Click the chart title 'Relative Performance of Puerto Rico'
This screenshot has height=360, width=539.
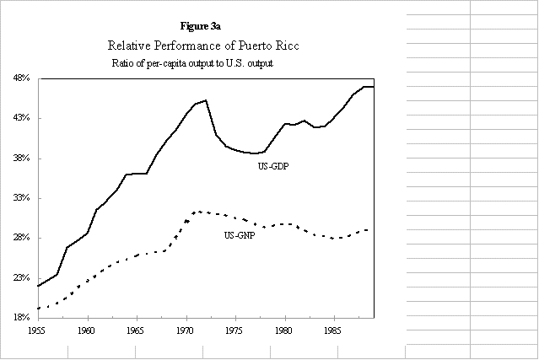pos(204,46)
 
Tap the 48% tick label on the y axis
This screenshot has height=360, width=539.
pos(21,78)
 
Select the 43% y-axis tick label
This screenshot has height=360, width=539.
pos(21,118)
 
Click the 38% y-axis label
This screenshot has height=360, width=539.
pos(21,159)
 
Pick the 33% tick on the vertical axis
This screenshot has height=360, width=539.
pos(21,198)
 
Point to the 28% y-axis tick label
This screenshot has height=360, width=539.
pos(21,238)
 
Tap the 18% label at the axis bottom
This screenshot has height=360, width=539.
pos(21,318)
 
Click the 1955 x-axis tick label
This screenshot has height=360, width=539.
pos(38,332)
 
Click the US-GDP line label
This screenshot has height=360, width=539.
pos(274,166)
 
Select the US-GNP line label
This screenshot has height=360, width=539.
pos(241,234)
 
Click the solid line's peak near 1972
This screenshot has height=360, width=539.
pos(205,100)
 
